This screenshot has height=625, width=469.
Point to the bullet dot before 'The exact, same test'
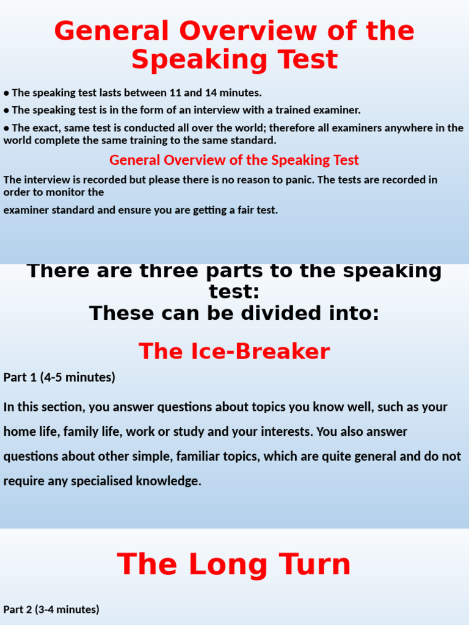click(6, 128)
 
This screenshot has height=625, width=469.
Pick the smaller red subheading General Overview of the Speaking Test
click(234, 160)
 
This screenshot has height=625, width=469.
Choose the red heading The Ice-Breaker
click(234, 352)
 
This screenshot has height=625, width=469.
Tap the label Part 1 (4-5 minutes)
click(59, 377)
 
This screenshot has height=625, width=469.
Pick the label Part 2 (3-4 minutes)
click(51, 609)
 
